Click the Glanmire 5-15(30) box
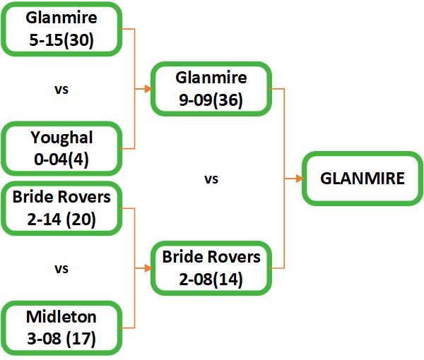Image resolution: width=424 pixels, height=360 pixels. tap(62, 29)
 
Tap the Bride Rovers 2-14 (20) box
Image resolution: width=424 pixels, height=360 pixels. tap(62, 209)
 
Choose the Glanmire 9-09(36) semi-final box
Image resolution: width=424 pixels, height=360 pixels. tap(212, 89)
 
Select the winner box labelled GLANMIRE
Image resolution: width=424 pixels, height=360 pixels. tap(363, 178)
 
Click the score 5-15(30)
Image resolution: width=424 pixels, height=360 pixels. tap(62, 41)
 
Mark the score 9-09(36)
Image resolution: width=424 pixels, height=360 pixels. tap(212, 100)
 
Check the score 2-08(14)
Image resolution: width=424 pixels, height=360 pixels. tap(212, 280)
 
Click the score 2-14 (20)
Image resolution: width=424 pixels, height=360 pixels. tap(62, 220)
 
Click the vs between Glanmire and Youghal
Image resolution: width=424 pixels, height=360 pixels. tap(62, 90)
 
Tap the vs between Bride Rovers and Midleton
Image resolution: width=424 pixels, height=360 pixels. tap(62, 269)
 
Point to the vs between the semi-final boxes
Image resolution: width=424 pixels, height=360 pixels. tap(211, 179)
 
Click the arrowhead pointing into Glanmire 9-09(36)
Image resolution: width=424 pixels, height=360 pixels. tap(148, 89)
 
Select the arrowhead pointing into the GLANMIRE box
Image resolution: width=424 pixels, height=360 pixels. tap(299, 178)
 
